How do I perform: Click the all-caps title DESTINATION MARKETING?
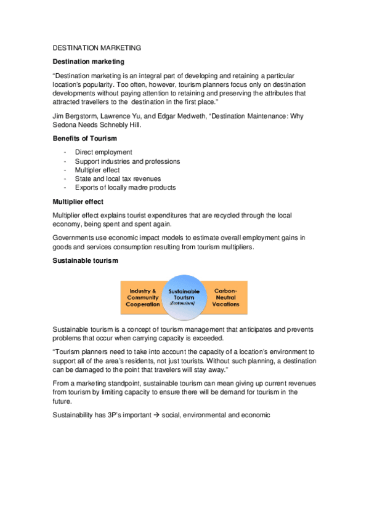click(x=97, y=47)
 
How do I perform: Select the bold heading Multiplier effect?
click(x=78, y=201)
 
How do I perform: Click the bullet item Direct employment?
click(x=103, y=153)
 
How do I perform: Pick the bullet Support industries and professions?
click(x=128, y=161)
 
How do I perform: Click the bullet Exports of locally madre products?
click(x=125, y=187)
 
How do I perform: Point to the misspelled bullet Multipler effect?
click(x=97, y=170)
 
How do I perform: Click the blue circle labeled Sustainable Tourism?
click(x=184, y=297)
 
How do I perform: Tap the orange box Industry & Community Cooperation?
click(x=142, y=296)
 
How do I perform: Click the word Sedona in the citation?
click(x=65, y=124)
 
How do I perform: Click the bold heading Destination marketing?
click(x=88, y=62)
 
